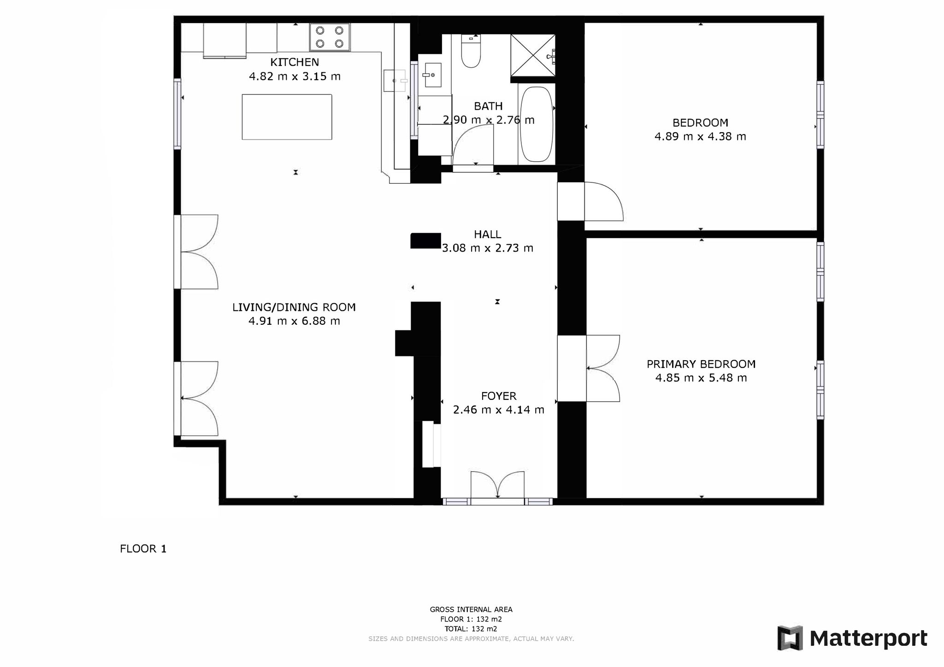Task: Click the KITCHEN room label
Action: click(x=295, y=62)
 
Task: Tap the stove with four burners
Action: click(x=330, y=37)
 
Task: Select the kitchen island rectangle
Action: click(x=287, y=117)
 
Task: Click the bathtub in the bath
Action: click(x=536, y=124)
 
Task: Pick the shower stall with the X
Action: click(x=532, y=55)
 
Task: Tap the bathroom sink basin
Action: click(x=432, y=75)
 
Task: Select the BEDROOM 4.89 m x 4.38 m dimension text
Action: click(x=700, y=136)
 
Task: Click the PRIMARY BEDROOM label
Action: click(x=701, y=364)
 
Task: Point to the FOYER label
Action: click(x=499, y=396)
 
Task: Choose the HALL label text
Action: click(x=487, y=234)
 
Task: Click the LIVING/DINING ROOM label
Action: click(x=294, y=307)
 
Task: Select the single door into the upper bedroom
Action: click(x=604, y=201)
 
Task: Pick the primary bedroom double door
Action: click(x=603, y=369)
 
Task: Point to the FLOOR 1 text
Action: click(x=143, y=549)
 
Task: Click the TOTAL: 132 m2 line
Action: click(x=471, y=629)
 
